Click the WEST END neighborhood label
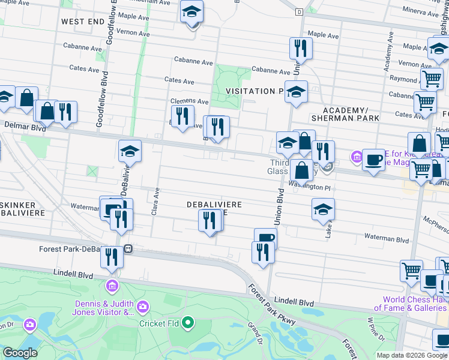82,21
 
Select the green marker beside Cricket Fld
188,323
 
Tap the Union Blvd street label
279,208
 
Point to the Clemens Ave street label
190,102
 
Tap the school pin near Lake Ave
324,210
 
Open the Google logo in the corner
20,353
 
